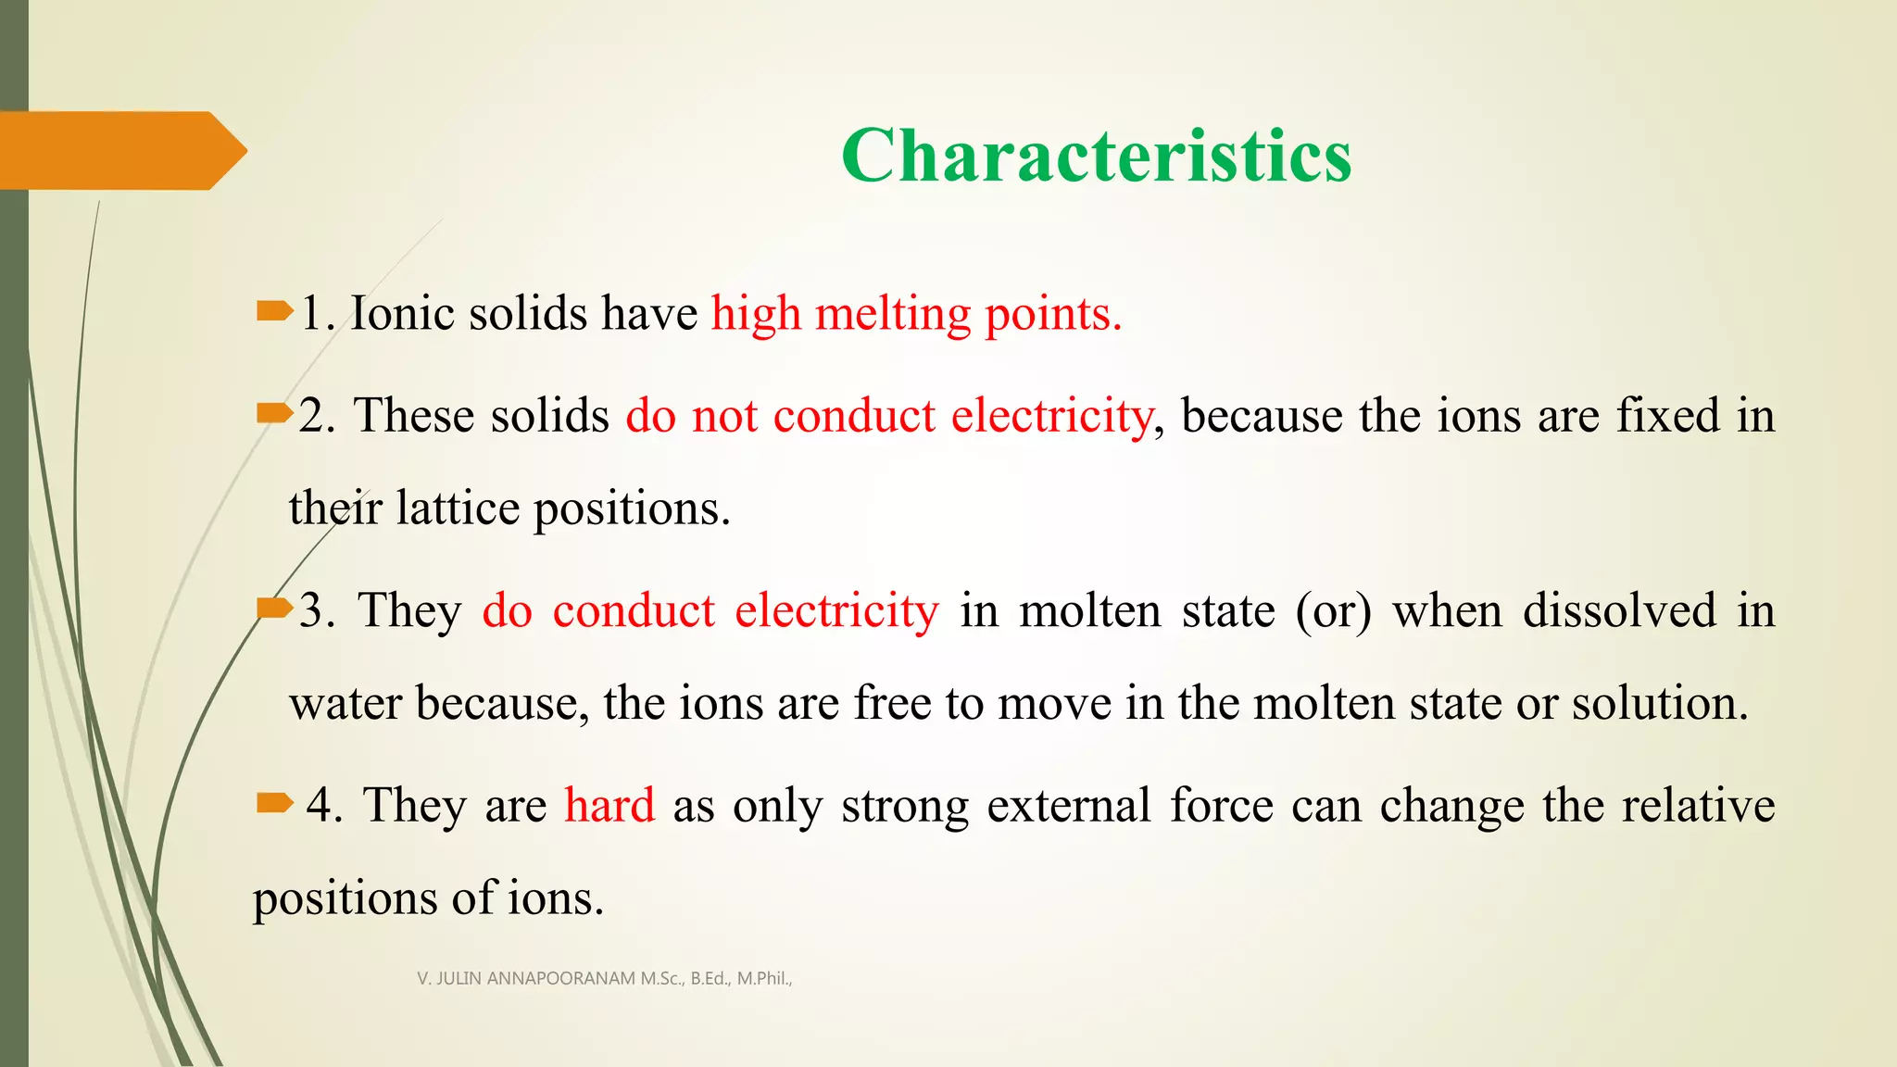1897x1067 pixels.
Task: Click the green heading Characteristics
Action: point(1096,156)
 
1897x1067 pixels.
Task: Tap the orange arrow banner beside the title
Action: point(120,150)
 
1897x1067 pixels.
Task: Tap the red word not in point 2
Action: point(724,416)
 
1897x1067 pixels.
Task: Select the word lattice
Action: point(458,508)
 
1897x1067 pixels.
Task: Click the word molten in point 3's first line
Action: point(1089,611)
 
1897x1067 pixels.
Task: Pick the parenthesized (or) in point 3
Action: point(1333,611)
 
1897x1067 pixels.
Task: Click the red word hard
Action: point(609,805)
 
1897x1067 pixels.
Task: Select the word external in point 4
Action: point(1070,805)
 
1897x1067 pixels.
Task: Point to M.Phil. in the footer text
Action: point(764,978)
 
